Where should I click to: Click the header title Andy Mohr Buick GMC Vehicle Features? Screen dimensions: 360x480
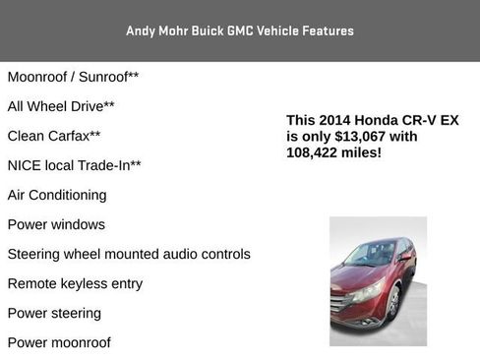pyautogui.click(x=240, y=30)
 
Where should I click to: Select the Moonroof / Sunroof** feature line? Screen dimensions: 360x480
pyautogui.click(x=73, y=76)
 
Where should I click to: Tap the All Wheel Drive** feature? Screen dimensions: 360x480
pyautogui.click(x=61, y=105)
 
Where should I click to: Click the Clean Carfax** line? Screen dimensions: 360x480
pyautogui.click(x=54, y=135)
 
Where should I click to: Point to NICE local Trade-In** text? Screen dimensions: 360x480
pyautogui.click(x=74, y=165)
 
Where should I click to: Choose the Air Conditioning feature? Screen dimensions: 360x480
pyautogui.click(x=57, y=195)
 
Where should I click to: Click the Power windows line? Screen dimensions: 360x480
pyautogui.click(x=56, y=224)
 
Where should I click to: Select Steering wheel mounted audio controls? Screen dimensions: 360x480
pyautogui.click(x=129, y=254)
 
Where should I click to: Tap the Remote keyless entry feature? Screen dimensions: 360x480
pyautogui.click(x=75, y=283)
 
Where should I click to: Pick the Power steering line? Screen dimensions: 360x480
pyautogui.click(x=54, y=313)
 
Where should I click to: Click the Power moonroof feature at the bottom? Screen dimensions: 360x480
pyautogui.click(x=59, y=342)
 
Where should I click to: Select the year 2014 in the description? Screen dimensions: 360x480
pyautogui.click(x=335, y=120)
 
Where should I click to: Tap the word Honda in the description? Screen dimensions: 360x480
pyautogui.click(x=376, y=120)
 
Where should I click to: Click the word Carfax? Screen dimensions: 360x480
pyautogui.click(x=66, y=135)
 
